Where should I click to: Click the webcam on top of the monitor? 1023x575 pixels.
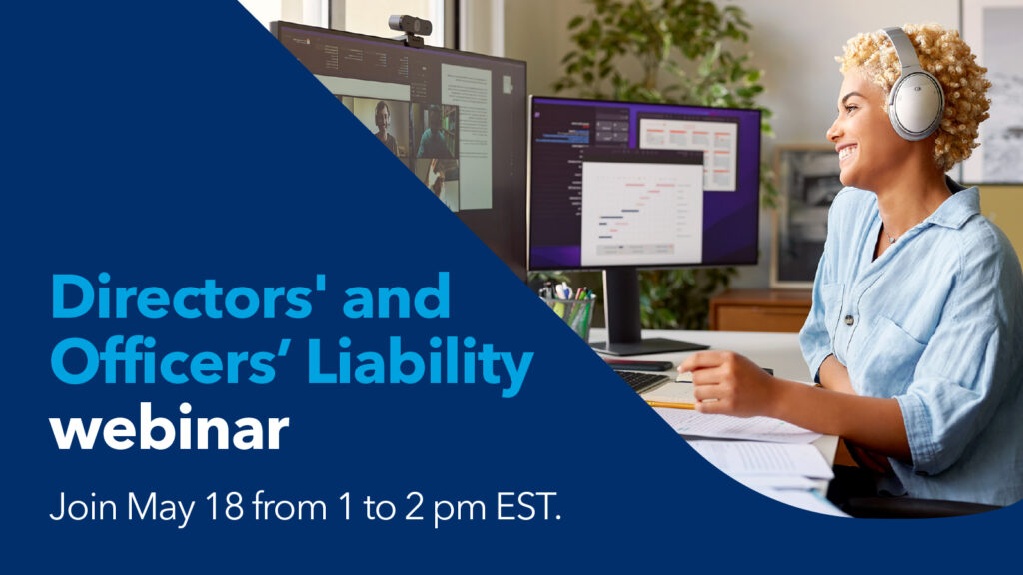(410, 27)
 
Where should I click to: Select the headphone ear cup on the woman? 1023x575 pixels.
(915, 103)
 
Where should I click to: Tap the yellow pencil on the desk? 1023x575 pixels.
(670, 404)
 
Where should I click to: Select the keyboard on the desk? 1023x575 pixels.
(639, 380)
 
